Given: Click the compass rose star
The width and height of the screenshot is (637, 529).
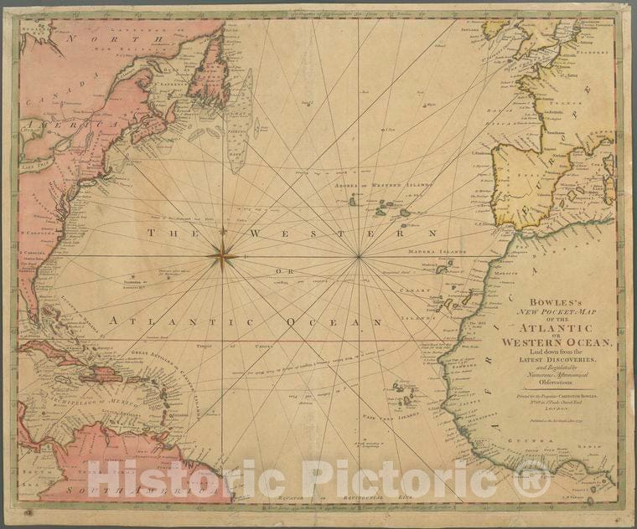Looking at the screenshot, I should [x=223, y=256].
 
